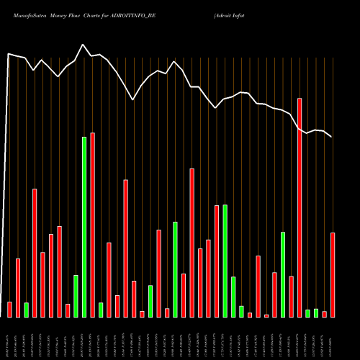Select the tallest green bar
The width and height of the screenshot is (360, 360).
point(84,226)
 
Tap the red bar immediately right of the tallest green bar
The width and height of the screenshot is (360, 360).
point(93,225)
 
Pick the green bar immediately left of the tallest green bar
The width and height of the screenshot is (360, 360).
point(76,295)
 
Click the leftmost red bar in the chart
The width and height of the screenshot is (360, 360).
point(9,309)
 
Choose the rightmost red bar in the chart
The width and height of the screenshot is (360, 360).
point(333,274)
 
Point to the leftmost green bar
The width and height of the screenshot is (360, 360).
point(27,309)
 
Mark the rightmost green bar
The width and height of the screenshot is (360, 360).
point(316,312)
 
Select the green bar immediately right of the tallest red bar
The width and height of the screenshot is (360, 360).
point(307,312)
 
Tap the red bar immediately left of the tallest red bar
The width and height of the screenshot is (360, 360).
point(291,296)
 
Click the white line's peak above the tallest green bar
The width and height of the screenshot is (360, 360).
point(83,45)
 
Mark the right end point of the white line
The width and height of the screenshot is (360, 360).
point(332,137)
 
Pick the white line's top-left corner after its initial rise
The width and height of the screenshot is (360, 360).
point(9,54)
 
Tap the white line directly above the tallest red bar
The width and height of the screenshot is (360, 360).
point(300,127)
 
